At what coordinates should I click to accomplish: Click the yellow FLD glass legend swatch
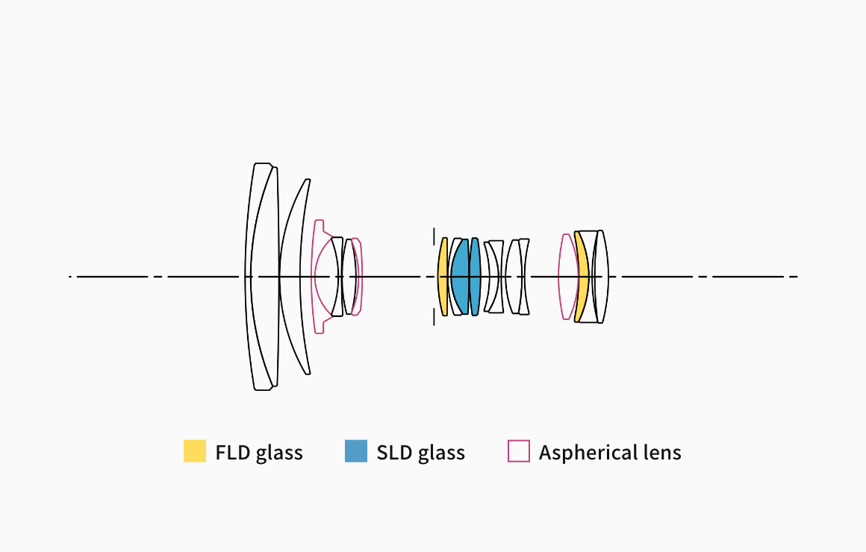tap(194, 451)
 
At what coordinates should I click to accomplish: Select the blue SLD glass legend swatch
tap(356, 451)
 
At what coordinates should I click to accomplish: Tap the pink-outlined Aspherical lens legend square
tap(519, 451)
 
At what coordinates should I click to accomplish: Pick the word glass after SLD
tap(441, 454)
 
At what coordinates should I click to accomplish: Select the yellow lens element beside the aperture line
tap(443, 277)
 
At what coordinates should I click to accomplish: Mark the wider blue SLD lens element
tap(460, 277)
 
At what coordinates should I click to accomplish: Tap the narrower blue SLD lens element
tap(475, 277)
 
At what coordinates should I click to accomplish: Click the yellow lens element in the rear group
tap(582, 277)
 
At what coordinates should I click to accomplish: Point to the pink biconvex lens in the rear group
tap(567, 277)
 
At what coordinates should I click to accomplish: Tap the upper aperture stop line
tap(434, 236)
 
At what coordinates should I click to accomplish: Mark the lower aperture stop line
tap(434, 316)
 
